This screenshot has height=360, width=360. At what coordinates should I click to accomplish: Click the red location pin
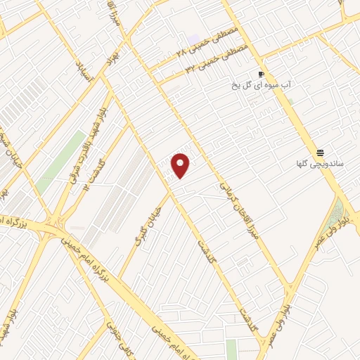(x=181, y=165)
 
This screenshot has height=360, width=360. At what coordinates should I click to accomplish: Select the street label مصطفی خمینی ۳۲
(x=210, y=63)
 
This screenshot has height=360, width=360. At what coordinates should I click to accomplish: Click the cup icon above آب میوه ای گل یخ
(x=261, y=74)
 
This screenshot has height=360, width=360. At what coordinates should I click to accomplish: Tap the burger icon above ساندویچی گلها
(x=320, y=153)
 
